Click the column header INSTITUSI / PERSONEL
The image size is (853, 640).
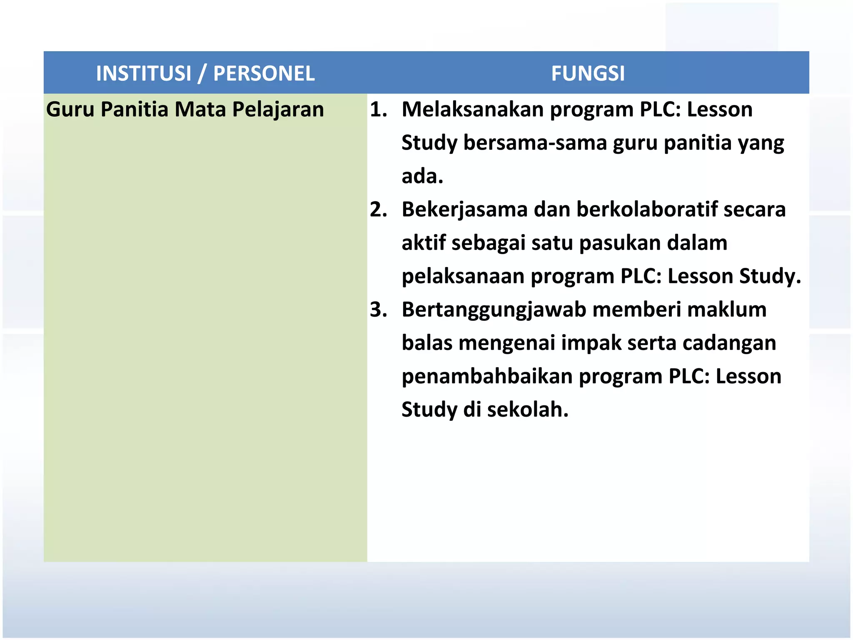(x=205, y=73)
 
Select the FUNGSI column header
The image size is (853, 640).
(x=588, y=73)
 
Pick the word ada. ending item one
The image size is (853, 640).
(x=422, y=176)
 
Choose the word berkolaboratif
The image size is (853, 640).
(x=647, y=210)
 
